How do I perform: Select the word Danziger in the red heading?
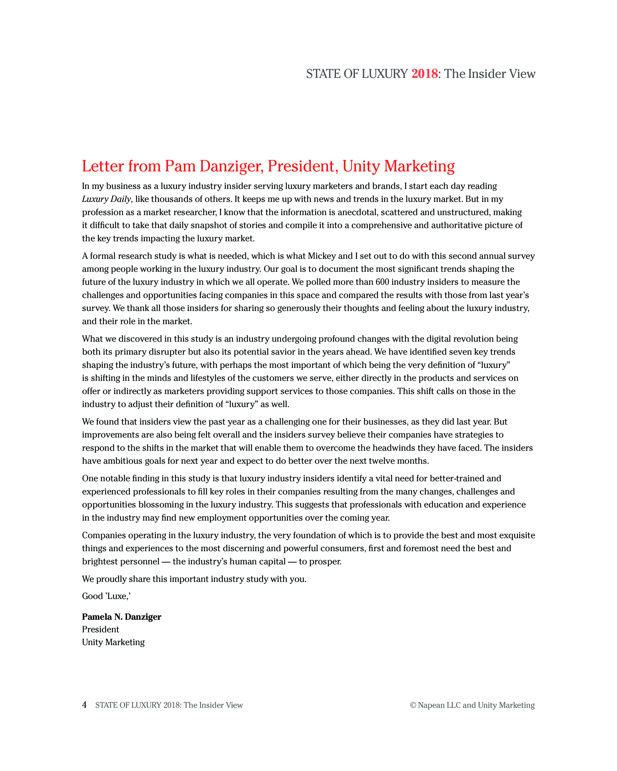point(231,166)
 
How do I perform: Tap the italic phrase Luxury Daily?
point(106,199)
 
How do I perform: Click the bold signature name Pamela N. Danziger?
point(122,617)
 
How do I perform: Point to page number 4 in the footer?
point(84,705)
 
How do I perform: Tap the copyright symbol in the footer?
point(413,705)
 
